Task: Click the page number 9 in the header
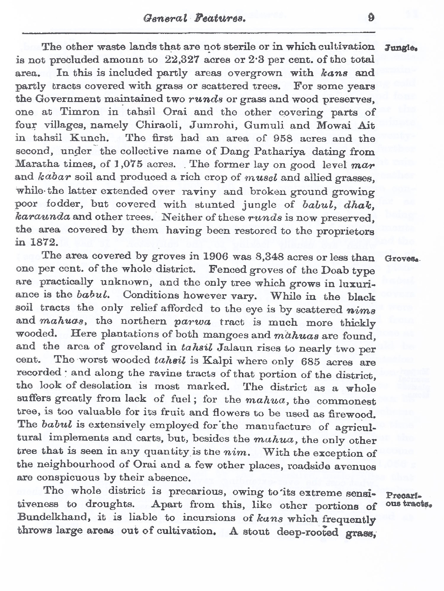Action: click(371, 17)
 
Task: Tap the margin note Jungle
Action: click(401, 48)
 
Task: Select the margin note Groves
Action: click(401, 259)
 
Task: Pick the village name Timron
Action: click(80, 112)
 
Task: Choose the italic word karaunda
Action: click(43, 217)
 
